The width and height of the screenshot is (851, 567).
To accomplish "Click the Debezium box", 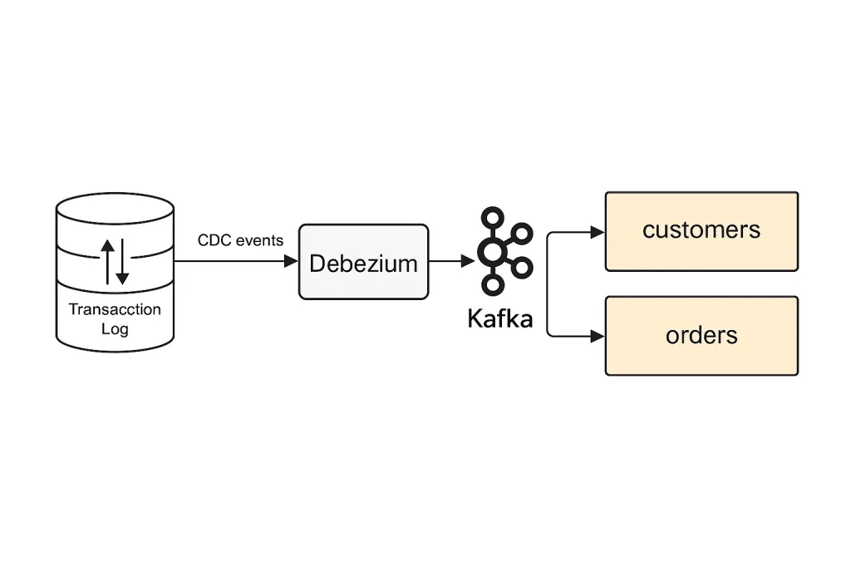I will [364, 262].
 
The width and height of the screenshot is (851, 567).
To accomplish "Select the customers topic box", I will [701, 231].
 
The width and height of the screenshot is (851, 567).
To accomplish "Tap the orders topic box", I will [701, 336].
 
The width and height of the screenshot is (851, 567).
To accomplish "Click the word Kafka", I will [499, 318].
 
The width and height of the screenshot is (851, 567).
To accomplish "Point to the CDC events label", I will [240, 240].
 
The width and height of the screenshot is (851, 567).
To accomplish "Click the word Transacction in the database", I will [115, 309].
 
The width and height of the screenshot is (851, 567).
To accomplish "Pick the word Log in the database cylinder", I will [115, 328].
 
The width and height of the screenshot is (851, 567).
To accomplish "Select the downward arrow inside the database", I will [123, 264].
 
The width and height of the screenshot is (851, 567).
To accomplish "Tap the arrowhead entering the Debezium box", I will [291, 261].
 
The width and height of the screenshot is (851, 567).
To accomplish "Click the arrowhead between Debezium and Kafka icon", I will [468, 261].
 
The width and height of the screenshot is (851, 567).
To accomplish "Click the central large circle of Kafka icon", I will [494, 251].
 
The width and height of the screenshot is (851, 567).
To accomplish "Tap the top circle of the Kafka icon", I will [494, 218].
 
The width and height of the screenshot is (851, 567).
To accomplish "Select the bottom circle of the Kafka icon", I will [494, 284].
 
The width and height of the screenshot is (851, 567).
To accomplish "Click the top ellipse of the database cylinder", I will [115, 208].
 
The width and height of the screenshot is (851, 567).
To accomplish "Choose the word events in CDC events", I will [260, 240].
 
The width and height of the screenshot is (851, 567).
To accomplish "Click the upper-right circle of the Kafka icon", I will [522, 234].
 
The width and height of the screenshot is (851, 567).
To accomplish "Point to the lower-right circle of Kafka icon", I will [522, 268].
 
